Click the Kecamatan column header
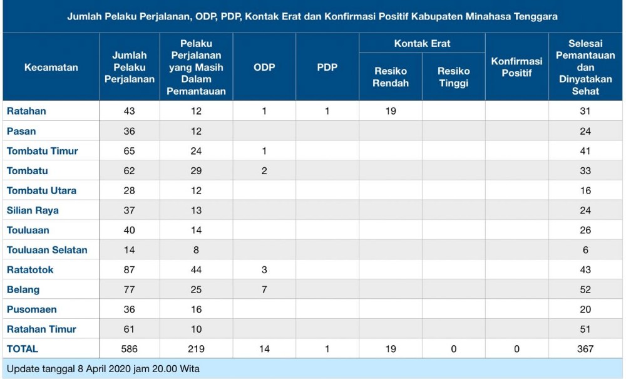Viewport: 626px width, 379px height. click(x=51, y=67)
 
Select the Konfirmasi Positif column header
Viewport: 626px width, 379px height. click(x=516, y=67)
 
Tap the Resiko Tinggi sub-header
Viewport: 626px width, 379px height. click(x=453, y=77)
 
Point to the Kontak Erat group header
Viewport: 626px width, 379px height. click(x=422, y=43)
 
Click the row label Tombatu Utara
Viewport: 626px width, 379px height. click(x=41, y=190)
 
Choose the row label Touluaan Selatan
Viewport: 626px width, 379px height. click(x=47, y=250)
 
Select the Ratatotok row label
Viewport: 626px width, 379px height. click(x=30, y=270)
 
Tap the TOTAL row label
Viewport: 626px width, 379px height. click(x=23, y=349)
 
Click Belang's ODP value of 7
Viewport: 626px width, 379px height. click(x=264, y=289)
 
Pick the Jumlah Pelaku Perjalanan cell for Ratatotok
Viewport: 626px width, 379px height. click(x=129, y=270)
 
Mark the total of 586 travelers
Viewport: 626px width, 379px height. click(x=129, y=349)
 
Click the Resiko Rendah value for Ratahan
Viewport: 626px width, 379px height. click(x=391, y=111)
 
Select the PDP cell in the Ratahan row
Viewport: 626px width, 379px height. click(x=327, y=111)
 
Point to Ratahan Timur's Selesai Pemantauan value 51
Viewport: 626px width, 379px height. click(x=585, y=330)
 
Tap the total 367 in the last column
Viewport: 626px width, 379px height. click(x=585, y=349)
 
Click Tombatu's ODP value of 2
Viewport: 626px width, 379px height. click(x=264, y=171)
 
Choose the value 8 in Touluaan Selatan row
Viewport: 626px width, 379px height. click(x=196, y=250)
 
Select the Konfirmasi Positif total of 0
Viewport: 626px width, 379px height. click(x=516, y=349)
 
